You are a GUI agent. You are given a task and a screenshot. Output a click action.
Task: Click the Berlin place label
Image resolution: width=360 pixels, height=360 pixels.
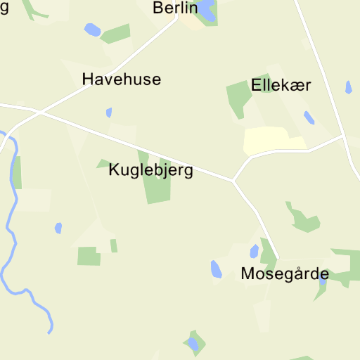175,8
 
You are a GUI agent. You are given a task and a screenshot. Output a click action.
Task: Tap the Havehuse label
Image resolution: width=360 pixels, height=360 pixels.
121,79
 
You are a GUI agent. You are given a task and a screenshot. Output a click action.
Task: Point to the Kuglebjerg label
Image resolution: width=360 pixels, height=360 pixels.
150,171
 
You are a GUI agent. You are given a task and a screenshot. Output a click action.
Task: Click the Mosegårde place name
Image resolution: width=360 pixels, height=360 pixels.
284,274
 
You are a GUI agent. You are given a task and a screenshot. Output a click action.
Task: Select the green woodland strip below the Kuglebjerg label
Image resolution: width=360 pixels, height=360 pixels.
157,188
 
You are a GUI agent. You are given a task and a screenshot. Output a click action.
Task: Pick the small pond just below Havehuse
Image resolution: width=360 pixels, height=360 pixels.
109,112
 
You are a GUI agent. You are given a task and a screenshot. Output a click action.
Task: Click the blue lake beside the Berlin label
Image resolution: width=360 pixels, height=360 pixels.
205,9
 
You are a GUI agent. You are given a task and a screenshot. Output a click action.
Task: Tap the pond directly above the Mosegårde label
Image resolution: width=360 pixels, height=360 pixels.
254,251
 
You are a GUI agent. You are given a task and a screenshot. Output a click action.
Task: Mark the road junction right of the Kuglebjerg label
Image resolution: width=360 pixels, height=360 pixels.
233,180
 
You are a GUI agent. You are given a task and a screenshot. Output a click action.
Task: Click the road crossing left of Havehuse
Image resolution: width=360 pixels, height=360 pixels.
41,111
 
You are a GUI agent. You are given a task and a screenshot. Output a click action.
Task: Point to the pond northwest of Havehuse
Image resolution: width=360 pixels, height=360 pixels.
91,30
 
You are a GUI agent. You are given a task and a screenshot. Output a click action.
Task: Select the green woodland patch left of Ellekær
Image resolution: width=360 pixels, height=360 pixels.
238,98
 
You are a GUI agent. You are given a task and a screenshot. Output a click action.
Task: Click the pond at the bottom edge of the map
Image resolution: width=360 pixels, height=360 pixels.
192,344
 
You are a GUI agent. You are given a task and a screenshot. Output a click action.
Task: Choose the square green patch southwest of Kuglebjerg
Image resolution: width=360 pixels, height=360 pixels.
89,256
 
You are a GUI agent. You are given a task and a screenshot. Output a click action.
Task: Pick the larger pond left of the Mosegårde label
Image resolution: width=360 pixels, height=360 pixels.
216,269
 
